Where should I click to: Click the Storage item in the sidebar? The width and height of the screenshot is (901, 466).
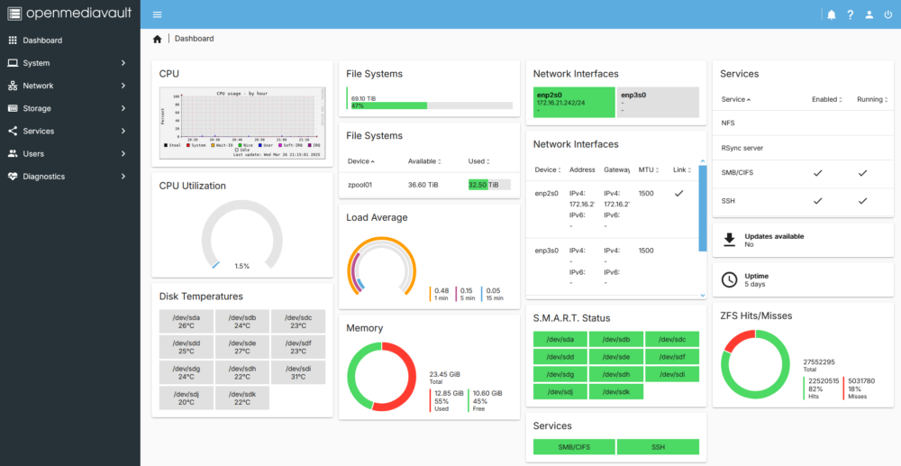click(37, 108)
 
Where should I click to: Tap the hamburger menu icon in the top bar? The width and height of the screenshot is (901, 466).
click(158, 14)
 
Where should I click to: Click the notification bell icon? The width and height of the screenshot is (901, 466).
click(831, 14)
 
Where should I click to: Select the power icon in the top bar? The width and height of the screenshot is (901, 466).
click(888, 14)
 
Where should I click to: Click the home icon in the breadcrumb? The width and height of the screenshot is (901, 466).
click(158, 39)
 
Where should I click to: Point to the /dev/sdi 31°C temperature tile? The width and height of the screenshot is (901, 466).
click(296, 371)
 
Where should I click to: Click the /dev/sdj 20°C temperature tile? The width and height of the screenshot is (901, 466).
click(186, 397)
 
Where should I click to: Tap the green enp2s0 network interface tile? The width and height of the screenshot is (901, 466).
click(571, 102)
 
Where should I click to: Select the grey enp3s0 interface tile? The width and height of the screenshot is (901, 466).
click(659, 102)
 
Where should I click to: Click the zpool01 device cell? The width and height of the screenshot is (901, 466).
click(361, 185)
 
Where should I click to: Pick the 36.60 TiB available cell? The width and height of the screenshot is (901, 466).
click(423, 185)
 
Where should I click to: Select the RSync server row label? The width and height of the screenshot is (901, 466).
click(742, 147)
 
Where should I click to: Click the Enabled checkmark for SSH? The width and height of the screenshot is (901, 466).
click(817, 201)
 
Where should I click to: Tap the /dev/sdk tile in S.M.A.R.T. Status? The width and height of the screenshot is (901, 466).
click(617, 391)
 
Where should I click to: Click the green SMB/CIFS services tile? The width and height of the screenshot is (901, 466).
click(574, 446)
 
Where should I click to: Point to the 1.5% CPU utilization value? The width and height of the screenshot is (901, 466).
click(241, 266)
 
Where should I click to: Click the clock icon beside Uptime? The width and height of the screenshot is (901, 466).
click(730, 279)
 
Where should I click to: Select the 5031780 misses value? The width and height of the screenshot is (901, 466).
click(862, 381)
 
